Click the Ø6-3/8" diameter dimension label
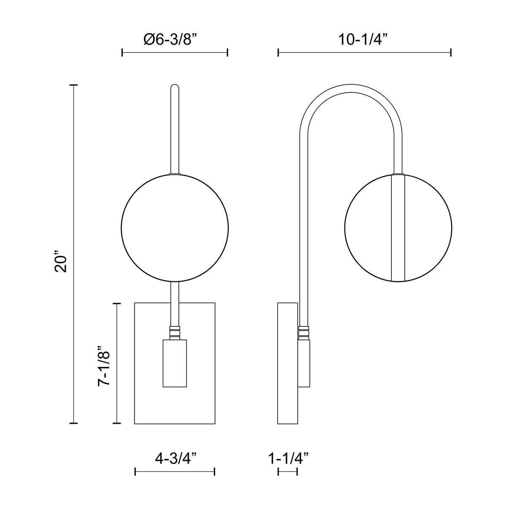pyautogui.click(x=170, y=40)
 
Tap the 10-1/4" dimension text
pyautogui.click(x=363, y=40)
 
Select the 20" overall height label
pyautogui.click(x=61, y=262)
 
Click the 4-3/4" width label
pyautogui.click(x=176, y=458)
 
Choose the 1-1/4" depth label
pyautogui.click(x=288, y=458)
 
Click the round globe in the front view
pyautogui.click(x=175, y=228)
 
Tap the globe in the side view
pyautogui.click(x=398, y=228)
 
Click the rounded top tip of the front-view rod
pyautogui.click(x=175, y=86)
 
